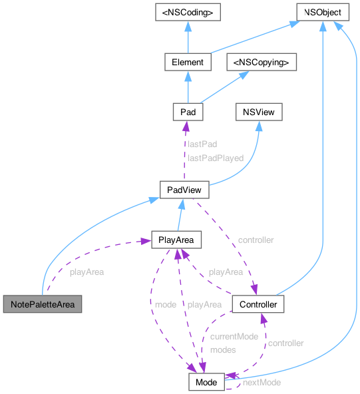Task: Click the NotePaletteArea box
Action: click(42, 305)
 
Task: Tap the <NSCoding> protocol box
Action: click(188, 13)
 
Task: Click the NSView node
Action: click(259, 111)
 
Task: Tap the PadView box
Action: click(184, 190)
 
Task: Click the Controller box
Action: click(259, 305)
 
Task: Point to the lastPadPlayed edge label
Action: click(215, 158)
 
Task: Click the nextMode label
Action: click(261, 383)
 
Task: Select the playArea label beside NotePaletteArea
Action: click(87, 272)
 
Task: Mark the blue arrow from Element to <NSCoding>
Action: click(188, 37)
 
